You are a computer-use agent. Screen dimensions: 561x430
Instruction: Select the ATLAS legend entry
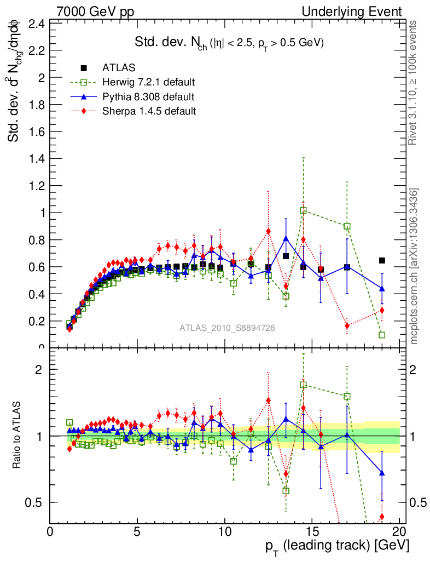(119, 68)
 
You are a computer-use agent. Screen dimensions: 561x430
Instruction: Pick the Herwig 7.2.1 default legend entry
(149, 82)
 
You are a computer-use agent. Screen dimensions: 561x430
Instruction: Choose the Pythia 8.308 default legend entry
(148, 96)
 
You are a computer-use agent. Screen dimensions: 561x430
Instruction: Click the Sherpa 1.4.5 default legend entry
(149, 111)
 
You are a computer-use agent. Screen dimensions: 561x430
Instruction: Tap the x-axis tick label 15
(312, 532)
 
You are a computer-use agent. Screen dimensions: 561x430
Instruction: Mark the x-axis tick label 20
(399, 532)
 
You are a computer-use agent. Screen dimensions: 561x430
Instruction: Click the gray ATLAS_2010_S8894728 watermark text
(227, 328)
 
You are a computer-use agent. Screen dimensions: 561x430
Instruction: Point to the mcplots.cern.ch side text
(414, 266)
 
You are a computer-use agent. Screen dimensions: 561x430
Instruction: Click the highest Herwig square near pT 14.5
(303, 210)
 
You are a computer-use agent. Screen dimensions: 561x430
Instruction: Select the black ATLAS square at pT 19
(382, 260)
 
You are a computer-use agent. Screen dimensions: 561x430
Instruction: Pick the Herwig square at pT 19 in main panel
(382, 335)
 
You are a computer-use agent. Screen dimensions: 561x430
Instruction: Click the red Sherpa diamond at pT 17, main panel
(347, 326)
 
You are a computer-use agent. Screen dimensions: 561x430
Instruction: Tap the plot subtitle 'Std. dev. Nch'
(230, 43)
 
